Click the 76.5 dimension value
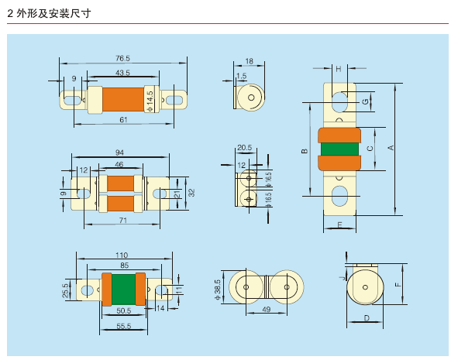point(122,58)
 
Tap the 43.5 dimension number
point(122,73)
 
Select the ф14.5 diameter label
point(150,101)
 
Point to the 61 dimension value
point(123,119)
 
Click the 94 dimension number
point(119,153)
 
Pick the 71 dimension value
point(122,221)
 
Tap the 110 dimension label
point(122,255)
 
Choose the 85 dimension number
point(124,266)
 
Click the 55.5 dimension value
point(124,326)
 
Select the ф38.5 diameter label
point(218,290)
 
